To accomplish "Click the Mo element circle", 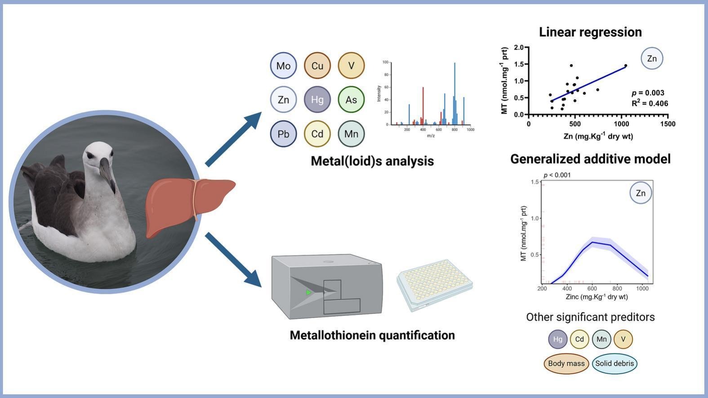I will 283,66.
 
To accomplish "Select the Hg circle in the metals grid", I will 317,99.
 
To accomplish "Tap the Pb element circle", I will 283,134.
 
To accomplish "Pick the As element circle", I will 351,99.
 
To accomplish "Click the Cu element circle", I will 317,66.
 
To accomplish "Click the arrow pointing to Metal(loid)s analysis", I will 234,139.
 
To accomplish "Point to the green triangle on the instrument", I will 308,292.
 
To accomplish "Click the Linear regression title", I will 590,32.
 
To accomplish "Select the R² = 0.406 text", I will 650,103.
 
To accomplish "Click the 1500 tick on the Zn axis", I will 668,124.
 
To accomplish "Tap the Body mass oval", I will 566,363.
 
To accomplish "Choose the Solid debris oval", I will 614,363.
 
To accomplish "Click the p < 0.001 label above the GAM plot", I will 557,175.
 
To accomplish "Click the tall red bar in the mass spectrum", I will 423,106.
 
